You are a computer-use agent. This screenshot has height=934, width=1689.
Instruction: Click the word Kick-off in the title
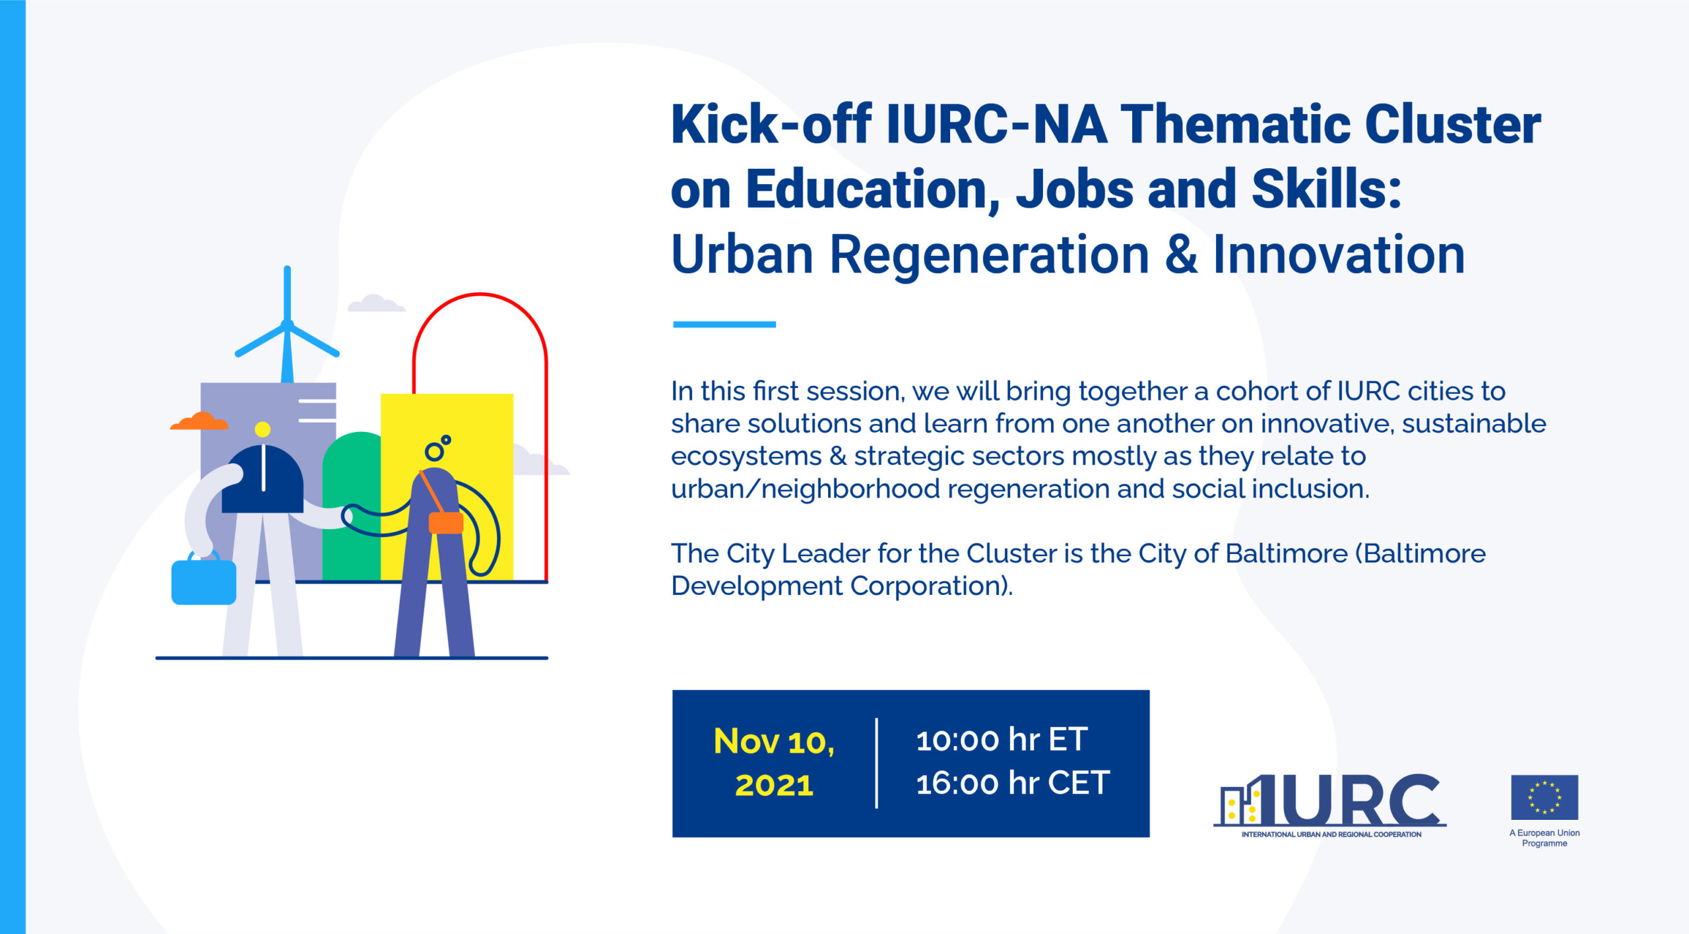click(771, 124)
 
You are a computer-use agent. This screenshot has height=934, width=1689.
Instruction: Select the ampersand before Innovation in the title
click(1181, 255)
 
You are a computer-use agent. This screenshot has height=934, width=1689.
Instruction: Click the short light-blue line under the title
click(724, 324)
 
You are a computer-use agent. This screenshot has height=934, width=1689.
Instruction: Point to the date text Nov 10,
click(774, 741)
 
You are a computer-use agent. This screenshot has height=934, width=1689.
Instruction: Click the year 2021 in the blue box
click(774, 785)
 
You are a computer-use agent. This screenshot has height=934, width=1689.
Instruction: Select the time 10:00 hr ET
click(1002, 739)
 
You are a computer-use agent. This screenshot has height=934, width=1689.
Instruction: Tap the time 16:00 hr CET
click(1013, 783)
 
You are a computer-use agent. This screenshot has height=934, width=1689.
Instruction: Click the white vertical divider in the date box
click(876, 763)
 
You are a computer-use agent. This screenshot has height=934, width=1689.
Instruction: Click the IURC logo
click(1330, 805)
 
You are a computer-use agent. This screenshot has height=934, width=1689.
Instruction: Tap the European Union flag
click(1545, 797)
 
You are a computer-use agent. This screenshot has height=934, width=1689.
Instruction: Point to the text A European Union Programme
click(1545, 838)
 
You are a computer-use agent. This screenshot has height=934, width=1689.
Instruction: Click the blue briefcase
click(204, 580)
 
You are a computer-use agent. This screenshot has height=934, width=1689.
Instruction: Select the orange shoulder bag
click(446, 523)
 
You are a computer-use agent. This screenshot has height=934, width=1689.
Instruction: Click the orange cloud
click(199, 421)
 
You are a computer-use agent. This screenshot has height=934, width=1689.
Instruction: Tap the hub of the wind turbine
click(287, 325)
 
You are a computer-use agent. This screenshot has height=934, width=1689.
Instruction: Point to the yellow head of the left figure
click(263, 429)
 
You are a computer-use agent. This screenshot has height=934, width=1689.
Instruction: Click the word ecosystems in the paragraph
click(746, 456)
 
